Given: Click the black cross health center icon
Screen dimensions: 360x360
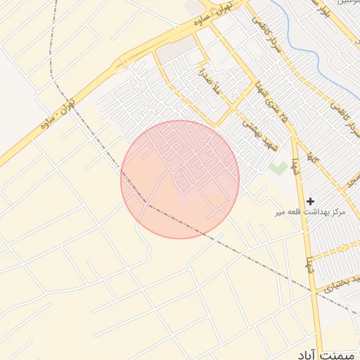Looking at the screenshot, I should coord(310,201).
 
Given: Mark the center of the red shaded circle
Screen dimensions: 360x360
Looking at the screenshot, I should coord(180,179).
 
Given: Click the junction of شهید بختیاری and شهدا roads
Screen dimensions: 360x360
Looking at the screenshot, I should coord(314,289).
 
